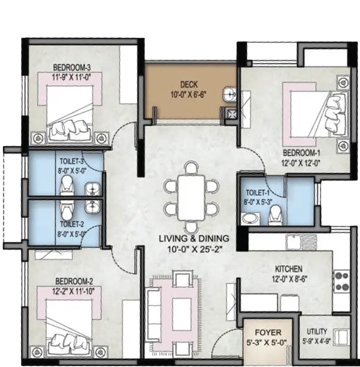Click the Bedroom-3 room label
coord(72,68)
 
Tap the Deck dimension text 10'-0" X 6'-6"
coord(189,95)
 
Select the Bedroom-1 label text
coord(301,153)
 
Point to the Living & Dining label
coord(194,238)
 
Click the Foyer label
coord(268,332)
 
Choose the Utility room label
coord(317,331)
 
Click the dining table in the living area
coord(191,198)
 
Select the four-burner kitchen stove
coord(342,281)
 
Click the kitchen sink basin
coord(294,242)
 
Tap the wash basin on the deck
coord(230,95)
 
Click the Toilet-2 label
coord(72,224)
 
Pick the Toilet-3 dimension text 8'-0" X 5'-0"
coord(71,171)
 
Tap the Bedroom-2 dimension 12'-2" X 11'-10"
coord(74,291)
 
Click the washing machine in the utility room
coord(341,337)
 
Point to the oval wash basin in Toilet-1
coord(250,219)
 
